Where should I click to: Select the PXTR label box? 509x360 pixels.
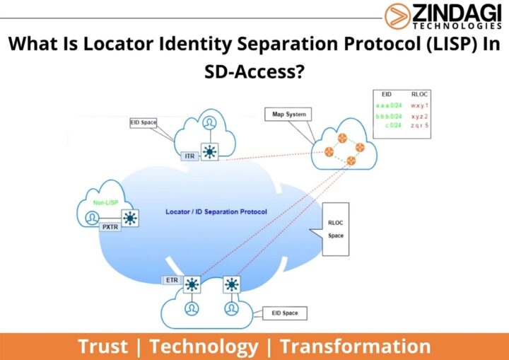pos(109,228)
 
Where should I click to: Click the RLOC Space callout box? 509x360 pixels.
pos(336,229)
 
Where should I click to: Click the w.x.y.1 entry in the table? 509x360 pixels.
pos(420,105)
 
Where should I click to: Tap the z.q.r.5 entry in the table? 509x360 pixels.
pos(420,126)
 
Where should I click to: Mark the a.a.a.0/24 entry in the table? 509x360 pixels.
pos(387,105)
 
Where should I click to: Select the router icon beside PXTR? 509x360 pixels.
pos(129,218)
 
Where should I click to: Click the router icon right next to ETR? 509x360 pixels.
pos(191,285)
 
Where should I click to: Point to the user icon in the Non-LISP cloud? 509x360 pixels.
pos(92,219)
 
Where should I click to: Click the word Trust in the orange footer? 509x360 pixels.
pos(103,347)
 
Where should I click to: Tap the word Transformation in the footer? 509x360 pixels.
pos(355,347)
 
